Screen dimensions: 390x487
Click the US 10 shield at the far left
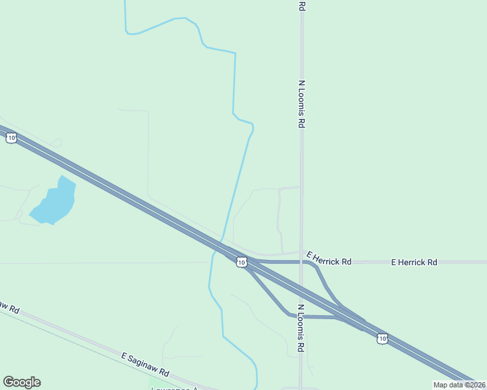tap(11, 138)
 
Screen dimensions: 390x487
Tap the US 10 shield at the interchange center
tap(242, 262)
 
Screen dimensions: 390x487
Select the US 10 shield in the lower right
tap(382, 338)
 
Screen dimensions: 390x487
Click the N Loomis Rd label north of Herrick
tap(301, 104)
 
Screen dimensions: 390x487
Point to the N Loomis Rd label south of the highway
tap(301, 328)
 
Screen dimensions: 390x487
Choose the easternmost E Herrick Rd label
tap(414, 262)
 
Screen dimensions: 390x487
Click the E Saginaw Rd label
tap(145, 365)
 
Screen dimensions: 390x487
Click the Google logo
tap(21, 382)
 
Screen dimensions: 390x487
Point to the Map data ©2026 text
tap(459, 385)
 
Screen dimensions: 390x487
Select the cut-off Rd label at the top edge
tap(301, 6)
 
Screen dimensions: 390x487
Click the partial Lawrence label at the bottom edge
tap(174, 388)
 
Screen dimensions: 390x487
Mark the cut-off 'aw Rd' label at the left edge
tap(9, 306)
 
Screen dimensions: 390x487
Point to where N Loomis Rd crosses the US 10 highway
tap(301, 291)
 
